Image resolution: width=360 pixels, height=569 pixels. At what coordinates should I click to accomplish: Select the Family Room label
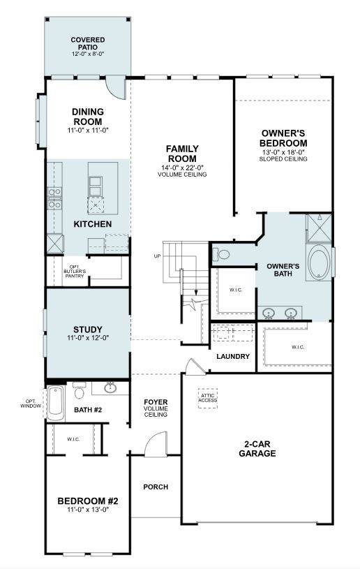182,153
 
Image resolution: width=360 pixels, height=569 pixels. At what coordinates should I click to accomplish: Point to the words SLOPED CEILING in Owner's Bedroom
284,159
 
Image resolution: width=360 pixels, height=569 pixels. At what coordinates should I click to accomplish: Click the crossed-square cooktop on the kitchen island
96,203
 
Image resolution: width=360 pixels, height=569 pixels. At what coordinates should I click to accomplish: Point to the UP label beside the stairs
158,256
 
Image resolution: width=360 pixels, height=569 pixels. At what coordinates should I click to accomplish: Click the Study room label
88,330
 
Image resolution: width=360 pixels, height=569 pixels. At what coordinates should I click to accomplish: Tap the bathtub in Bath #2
55,403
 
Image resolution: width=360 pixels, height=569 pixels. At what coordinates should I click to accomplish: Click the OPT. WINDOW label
31,403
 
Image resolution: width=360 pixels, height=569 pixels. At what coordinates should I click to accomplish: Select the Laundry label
233,357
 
